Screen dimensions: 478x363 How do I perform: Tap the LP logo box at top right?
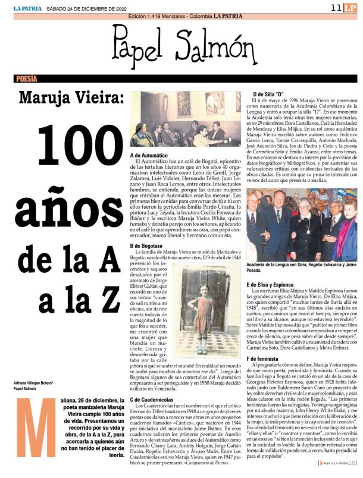tap(351, 7)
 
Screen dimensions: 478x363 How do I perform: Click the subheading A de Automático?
tap(152, 155)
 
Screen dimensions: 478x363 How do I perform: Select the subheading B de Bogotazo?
tap(149, 246)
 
